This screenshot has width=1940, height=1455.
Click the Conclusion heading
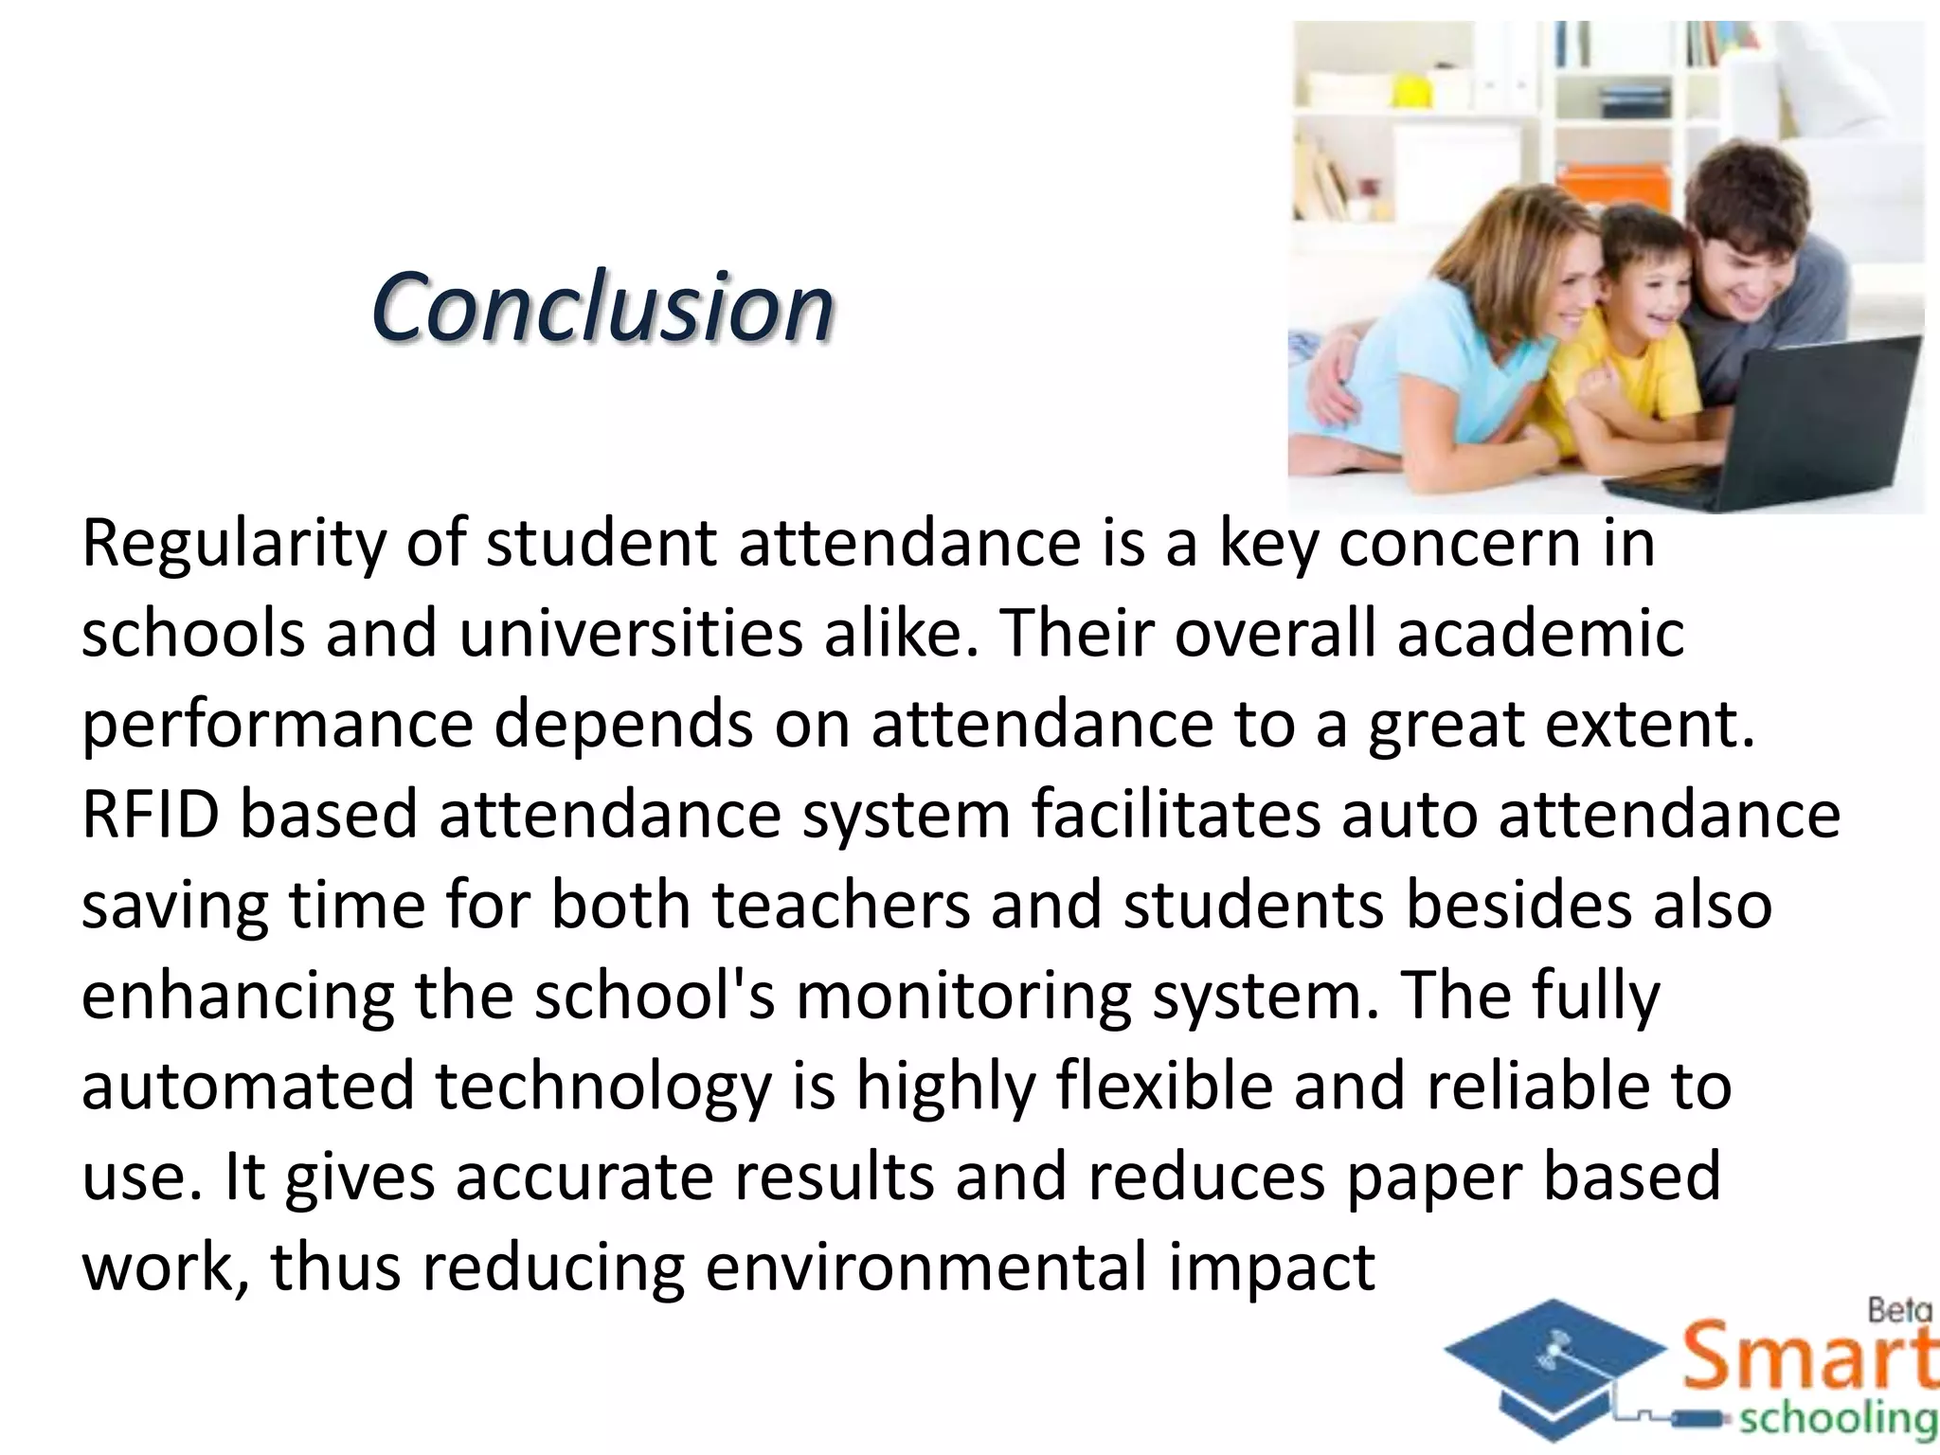[602, 307]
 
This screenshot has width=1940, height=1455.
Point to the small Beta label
[1900, 1311]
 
